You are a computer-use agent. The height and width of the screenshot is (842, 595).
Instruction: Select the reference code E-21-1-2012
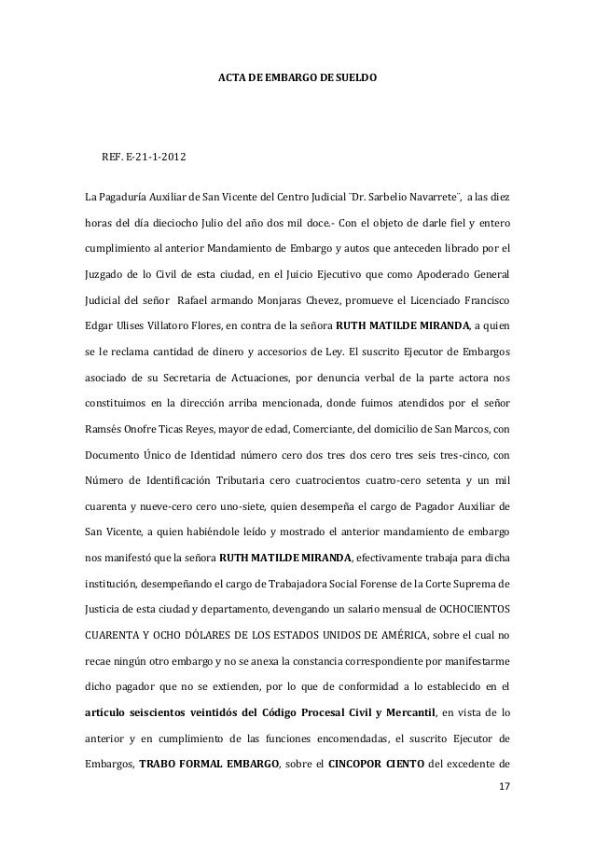click(x=155, y=166)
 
